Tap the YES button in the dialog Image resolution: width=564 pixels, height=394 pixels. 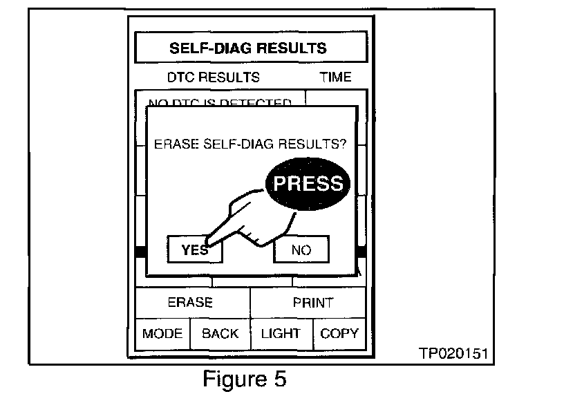pos(194,250)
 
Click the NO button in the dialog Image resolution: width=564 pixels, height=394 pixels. pos(301,250)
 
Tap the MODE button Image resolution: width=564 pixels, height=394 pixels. pos(162,333)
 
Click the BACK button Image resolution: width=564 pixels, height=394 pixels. pos(220,333)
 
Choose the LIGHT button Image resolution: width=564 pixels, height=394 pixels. pos(281,333)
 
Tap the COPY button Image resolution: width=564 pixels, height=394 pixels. pos(339,333)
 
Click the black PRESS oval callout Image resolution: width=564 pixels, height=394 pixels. pos(308,183)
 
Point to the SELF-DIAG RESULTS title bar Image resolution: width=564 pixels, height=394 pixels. pos(247,48)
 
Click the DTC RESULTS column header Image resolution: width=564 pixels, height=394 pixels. pos(214,77)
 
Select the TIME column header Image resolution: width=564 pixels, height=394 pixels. pos(335,77)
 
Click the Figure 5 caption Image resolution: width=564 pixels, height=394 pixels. pos(244,379)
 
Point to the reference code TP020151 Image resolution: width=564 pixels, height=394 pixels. pos(453,353)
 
